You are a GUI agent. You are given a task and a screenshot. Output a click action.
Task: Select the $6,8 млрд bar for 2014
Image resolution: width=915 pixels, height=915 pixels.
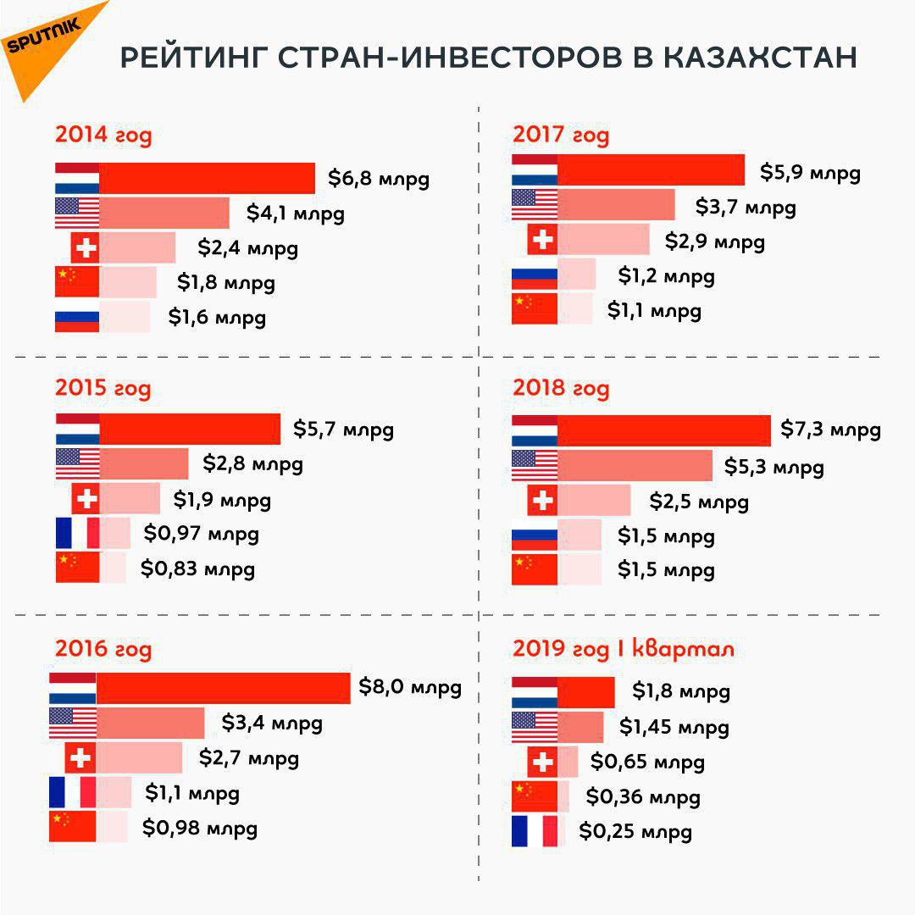(x=207, y=179)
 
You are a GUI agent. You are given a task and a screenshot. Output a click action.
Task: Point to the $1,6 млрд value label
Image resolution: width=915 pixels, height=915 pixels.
(x=217, y=318)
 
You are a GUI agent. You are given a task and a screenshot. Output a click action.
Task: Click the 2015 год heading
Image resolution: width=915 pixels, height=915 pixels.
(x=103, y=388)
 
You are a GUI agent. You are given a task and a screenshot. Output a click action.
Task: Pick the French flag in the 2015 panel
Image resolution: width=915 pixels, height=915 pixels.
(x=77, y=534)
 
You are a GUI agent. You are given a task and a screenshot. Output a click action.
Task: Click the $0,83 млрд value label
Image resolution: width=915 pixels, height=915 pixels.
(x=197, y=568)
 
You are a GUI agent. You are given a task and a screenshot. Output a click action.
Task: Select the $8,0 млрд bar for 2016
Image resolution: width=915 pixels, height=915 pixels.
(x=223, y=687)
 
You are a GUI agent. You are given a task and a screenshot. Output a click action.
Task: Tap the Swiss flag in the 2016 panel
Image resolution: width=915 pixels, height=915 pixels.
(x=80, y=757)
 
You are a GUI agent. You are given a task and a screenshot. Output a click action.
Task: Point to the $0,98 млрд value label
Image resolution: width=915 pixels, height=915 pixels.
(x=199, y=828)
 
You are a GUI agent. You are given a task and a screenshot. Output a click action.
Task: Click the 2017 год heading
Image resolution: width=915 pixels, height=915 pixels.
(x=561, y=135)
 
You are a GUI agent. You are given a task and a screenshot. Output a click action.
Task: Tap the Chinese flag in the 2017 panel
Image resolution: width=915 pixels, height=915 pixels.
(x=535, y=309)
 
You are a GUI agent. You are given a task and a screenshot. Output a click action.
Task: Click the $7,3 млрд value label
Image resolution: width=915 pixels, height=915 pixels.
(x=830, y=430)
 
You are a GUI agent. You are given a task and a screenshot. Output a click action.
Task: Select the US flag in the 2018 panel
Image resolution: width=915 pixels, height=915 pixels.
(x=535, y=466)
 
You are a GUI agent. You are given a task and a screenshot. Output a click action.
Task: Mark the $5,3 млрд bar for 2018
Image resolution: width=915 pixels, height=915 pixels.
(x=635, y=466)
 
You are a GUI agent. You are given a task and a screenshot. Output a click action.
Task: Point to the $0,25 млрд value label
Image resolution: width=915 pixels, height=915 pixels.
(x=635, y=832)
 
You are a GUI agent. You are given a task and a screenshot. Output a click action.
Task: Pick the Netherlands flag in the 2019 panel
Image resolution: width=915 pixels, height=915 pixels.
(x=535, y=692)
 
